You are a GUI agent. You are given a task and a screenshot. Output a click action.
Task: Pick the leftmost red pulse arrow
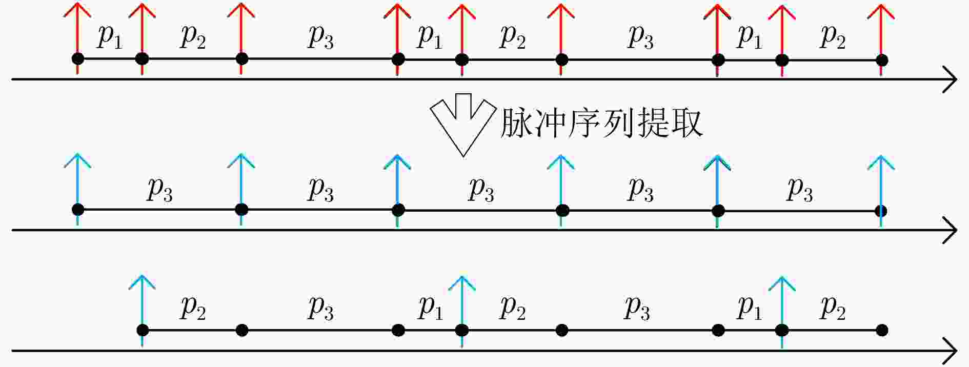[77, 38]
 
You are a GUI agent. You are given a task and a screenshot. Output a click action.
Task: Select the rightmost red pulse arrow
[881, 40]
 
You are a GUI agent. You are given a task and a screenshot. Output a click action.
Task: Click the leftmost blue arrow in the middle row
[77, 189]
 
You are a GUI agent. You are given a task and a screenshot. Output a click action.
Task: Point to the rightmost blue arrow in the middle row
[881, 191]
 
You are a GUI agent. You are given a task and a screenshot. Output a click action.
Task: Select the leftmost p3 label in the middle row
[160, 189]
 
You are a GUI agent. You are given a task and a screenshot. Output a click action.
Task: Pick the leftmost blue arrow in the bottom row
[142, 311]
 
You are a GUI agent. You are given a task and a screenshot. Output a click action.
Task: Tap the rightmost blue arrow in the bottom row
[782, 312]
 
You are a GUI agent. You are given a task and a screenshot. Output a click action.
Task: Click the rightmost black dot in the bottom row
[882, 330]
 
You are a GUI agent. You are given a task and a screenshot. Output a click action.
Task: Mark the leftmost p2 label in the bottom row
[193, 308]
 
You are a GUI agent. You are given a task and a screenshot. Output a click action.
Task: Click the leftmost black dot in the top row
[78, 58]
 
